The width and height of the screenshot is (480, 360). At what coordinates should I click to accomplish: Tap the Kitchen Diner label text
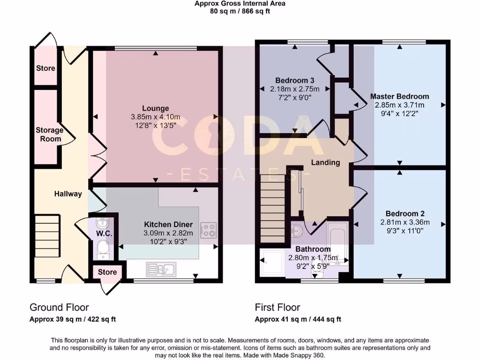[166, 224]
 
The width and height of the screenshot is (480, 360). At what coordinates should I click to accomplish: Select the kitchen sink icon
[160, 269]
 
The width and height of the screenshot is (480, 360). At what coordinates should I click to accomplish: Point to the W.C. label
[103, 233]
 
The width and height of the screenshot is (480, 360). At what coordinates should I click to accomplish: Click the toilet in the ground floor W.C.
[103, 249]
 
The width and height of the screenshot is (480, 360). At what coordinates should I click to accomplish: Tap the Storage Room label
[49, 135]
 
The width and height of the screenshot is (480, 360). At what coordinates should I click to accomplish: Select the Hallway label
[68, 194]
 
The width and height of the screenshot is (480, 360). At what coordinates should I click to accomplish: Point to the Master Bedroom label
[399, 97]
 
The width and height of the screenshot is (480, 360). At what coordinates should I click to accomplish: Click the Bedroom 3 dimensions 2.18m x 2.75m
[294, 89]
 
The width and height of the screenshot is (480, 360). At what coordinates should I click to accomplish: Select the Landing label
[325, 163]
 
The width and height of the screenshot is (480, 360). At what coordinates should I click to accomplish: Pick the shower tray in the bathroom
[272, 265]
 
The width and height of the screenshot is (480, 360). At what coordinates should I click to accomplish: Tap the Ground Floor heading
[59, 307]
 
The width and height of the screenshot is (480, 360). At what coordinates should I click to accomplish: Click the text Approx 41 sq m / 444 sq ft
[298, 320]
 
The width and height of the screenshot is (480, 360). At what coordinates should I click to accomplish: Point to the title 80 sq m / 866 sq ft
[240, 11]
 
